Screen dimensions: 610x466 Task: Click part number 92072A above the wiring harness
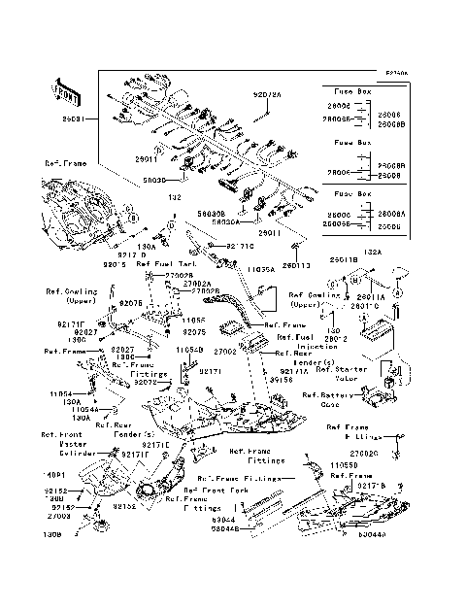[x=267, y=95]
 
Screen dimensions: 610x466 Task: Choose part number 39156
[x=283, y=381]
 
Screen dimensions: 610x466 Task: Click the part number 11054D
[x=189, y=348]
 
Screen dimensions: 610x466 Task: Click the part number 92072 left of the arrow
[x=146, y=383]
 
